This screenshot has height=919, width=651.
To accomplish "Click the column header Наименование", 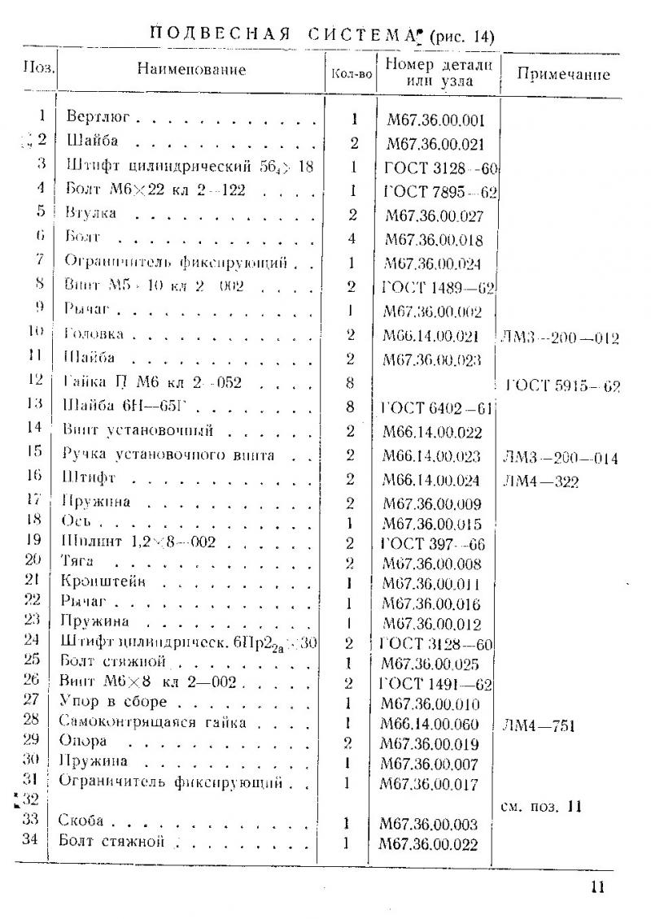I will (x=191, y=70).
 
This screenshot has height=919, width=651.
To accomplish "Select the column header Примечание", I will (x=564, y=74).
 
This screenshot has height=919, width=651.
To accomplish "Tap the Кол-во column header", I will (x=353, y=73).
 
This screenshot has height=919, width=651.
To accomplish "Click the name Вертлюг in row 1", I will (x=99, y=119).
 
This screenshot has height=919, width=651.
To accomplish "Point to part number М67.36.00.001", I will (x=437, y=121).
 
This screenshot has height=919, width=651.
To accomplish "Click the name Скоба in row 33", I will (x=82, y=822).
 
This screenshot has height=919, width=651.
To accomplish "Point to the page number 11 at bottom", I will (x=598, y=887).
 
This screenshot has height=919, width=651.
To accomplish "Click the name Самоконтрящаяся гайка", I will (x=153, y=721).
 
